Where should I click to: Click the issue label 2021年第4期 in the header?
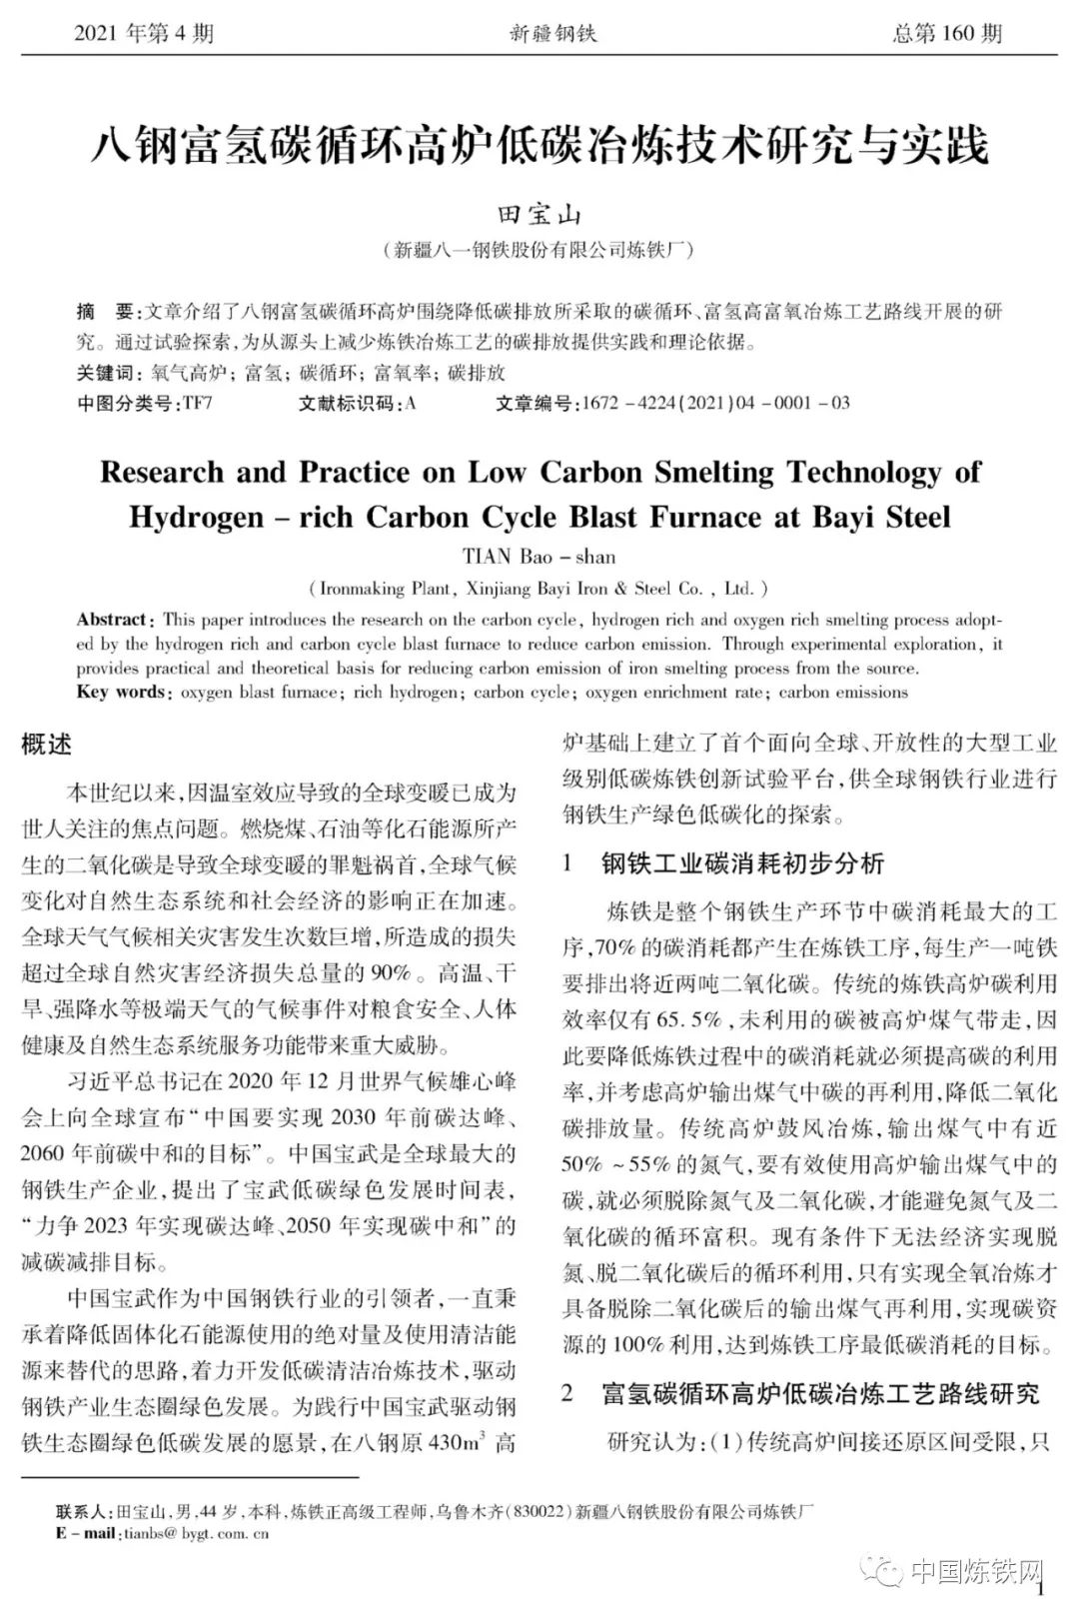144,34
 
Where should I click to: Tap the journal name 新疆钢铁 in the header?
552,34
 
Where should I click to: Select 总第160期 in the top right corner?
947,34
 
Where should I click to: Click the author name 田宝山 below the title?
539,215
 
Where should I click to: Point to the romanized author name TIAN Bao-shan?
539,557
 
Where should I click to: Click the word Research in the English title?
163,472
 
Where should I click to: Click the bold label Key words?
120,692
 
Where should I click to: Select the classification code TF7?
197,403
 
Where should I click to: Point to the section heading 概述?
47,745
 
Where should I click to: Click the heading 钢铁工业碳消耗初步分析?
742,863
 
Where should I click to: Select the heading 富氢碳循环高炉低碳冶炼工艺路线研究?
820,1393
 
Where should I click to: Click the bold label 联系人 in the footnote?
84,1511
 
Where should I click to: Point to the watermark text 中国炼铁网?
977,1572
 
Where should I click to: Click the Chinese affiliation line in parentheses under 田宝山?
539,250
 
